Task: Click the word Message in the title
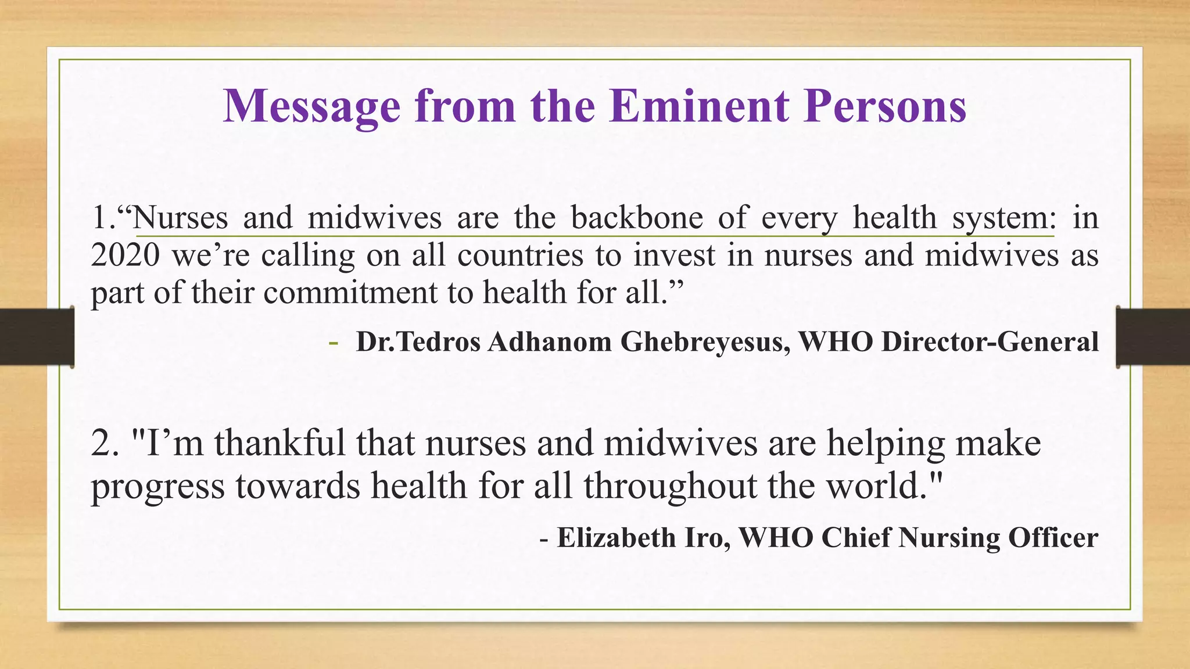point(311,107)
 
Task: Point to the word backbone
point(637,218)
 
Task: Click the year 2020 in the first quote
point(125,256)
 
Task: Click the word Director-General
point(990,341)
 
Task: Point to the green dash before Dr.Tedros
point(333,342)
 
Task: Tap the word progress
point(157,487)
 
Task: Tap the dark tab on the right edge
point(1153,337)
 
